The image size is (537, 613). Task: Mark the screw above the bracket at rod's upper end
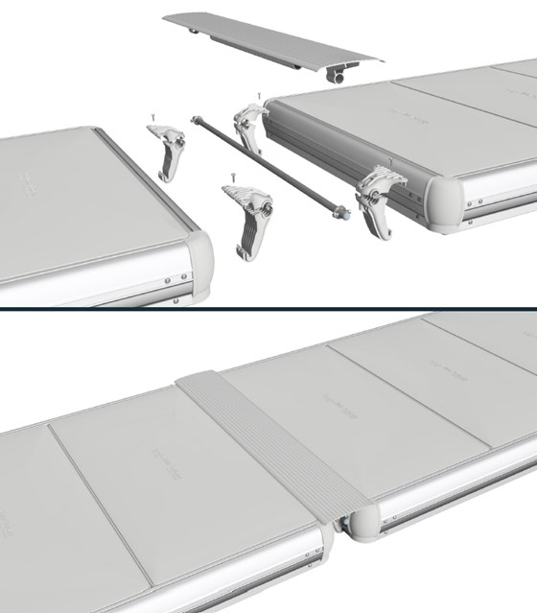(259, 96)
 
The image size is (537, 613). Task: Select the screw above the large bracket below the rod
(233, 176)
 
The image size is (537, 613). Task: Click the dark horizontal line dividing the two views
(268, 308)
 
